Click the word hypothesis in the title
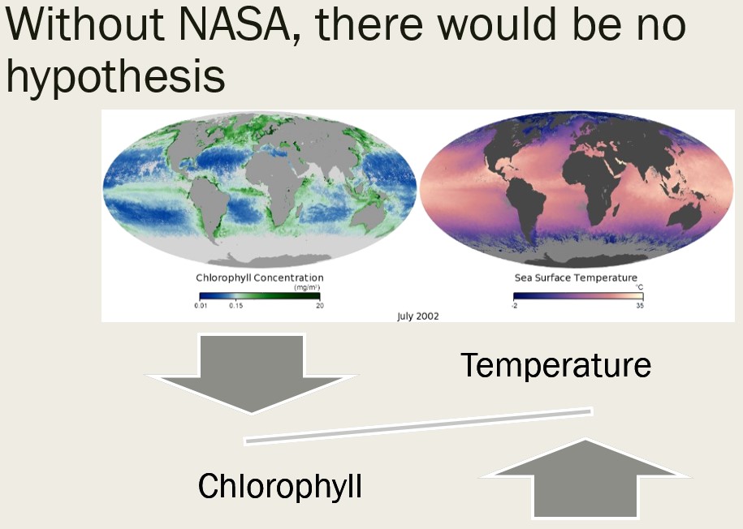coord(116,78)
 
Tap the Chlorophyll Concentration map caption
coord(260,278)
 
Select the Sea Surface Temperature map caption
coord(576,278)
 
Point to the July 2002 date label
coord(418,316)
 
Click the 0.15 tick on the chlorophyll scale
coord(235,305)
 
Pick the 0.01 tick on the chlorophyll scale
coord(201,305)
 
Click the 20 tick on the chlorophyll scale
coord(320,305)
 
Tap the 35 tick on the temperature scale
coord(640,305)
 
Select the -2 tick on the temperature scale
coord(514,305)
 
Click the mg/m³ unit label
coord(307,287)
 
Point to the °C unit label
coord(640,287)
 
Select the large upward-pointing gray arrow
coord(585,479)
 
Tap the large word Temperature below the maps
coord(555,364)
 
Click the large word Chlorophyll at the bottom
coord(279,486)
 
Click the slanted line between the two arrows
coord(418,426)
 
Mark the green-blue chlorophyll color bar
coord(260,296)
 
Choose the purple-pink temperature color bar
coord(578,296)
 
